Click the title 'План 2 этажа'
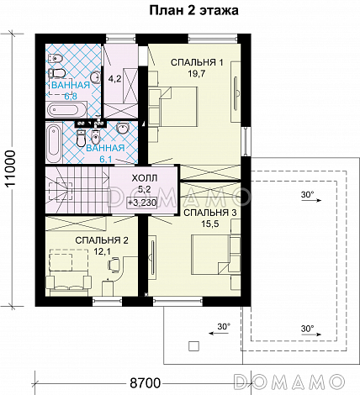tap(193, 10)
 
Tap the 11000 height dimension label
tap(11, 169)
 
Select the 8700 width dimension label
tap(145, 382)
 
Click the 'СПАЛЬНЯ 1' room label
tap(197, 62)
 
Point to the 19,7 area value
tap(197, 74)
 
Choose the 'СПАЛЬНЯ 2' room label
tap(102, 240)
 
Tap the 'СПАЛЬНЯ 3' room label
tap(210, 213)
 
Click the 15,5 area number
tap(210, 224)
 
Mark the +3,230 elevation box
tap(142, 203)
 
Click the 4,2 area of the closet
tap(114, 79)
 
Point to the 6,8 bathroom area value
tap(71, 97)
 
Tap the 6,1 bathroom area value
tap(106, 159)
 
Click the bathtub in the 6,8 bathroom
tap(66, 110)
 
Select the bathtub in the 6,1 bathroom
tap(54, 144)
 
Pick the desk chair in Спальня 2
tap(114, 265)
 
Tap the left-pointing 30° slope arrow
tap(220, 333)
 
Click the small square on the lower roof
tap(193, 346)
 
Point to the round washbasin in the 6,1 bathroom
tap(122, 129)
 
